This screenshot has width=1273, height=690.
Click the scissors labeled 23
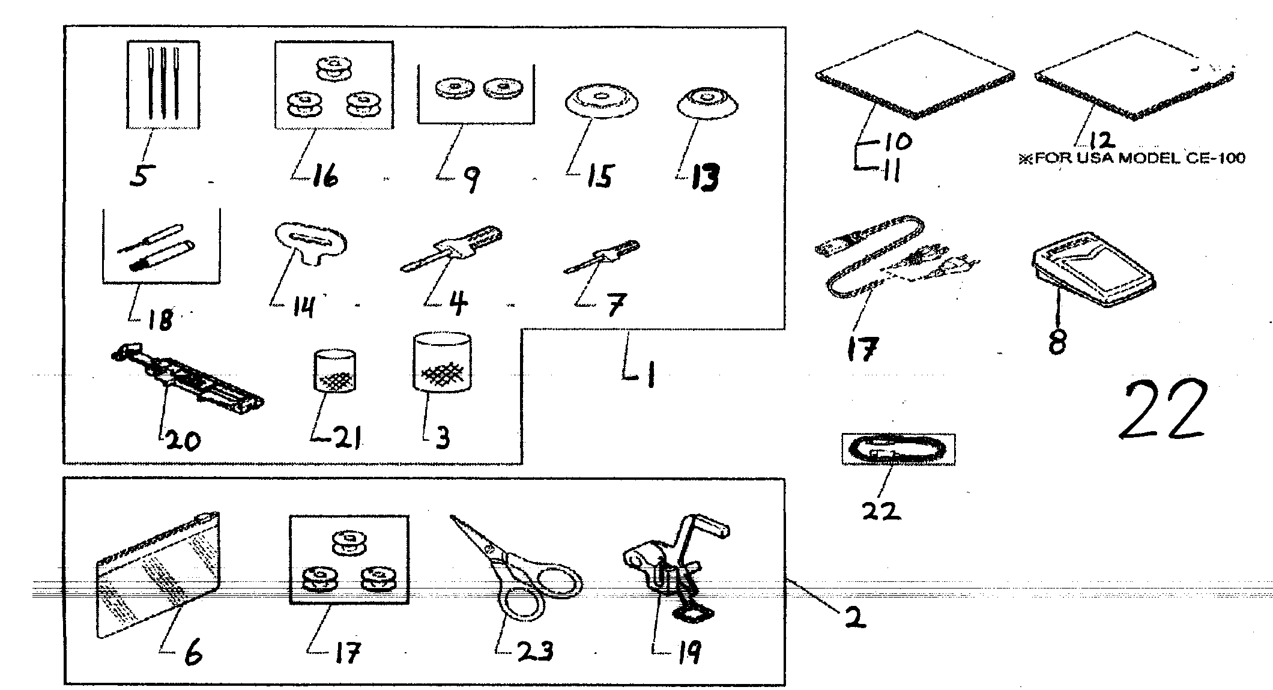(522, 570)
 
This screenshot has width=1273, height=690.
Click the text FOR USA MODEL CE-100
(1131, 159)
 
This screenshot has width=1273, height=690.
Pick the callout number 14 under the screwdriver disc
(304, 307)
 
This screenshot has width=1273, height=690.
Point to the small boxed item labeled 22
(898, 450)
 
